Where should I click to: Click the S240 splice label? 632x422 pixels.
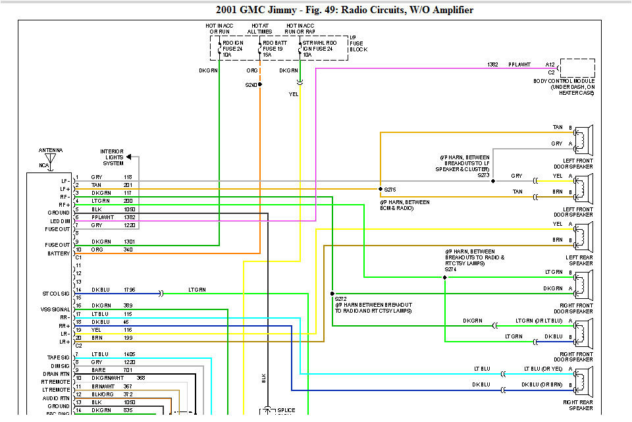coord(250,85)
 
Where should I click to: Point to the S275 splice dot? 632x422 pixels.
coord(380,189)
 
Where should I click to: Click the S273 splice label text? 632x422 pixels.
coord(484,175)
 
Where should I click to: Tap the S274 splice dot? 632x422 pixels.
coord(445,277)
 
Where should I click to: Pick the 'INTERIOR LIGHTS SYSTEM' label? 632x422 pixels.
coord(112,157)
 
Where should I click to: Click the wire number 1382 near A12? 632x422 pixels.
coord(492,65)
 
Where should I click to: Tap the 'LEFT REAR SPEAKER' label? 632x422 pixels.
coord(579,260)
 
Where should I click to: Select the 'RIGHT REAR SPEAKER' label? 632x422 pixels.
coord(577,404)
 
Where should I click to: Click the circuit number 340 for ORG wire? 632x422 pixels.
coord(128,250)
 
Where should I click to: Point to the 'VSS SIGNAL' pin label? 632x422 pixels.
coord(55,309)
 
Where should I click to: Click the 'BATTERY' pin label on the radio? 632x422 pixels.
coord(58,253)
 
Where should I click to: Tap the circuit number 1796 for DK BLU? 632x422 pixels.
coord(129,290)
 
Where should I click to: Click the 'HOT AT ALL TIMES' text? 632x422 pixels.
coord(260,29)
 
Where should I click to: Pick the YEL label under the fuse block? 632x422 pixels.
coord(294,94)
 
